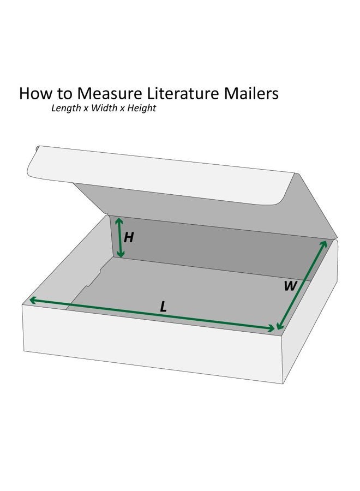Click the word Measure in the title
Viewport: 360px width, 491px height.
[110, 93]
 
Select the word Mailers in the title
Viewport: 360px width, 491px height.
[251, 93]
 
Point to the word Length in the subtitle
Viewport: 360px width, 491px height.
[66, 109]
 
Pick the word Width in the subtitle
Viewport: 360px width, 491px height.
[104, 108]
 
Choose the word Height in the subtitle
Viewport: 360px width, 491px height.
[141, 109]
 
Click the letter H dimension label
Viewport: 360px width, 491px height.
[129, 238]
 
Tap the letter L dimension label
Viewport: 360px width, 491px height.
[163, 307]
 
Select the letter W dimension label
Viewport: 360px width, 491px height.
[290, 286]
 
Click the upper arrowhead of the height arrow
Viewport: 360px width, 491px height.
[119, 221]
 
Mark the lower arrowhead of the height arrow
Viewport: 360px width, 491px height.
[121, 254]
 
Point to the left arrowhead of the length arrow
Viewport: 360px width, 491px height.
[33, 300]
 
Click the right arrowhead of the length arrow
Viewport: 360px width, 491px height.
[271, 328]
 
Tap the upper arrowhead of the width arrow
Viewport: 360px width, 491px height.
[323, 244]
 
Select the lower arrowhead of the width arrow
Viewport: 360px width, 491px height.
[280, 325]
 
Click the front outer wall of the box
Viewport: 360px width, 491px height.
[152, 344]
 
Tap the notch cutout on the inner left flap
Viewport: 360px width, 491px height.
[94, 277]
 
